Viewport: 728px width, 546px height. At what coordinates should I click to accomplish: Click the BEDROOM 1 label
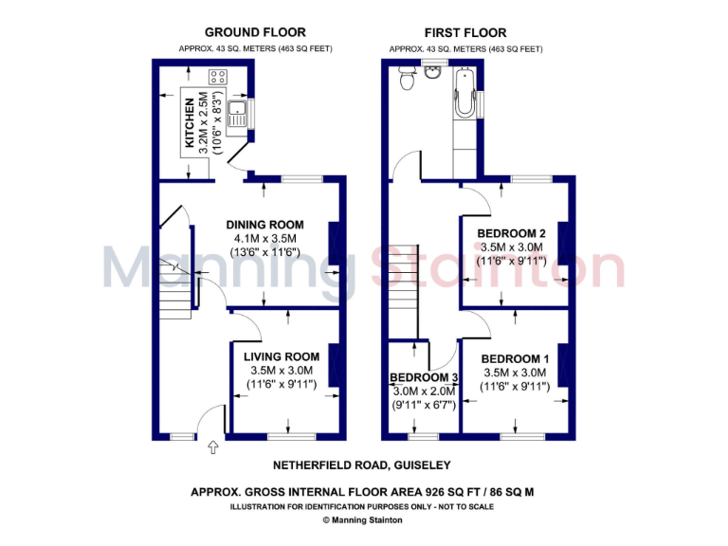click(x=515, y=358)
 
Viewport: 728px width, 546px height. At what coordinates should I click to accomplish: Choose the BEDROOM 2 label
click(x=511, y=233)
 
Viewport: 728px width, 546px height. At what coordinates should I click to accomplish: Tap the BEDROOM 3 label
click(x=425, y=377)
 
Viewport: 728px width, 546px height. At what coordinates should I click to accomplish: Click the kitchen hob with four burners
click(x=218, y=77)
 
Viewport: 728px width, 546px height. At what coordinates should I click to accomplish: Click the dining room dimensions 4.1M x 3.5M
click(x=262, y=239)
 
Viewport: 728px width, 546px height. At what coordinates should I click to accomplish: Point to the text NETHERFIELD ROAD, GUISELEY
click(x=362, y=465)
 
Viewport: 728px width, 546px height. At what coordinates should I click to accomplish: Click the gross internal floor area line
click(x=362, y=492)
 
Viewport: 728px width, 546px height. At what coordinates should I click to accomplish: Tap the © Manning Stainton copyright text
click(x=362, y=519)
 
